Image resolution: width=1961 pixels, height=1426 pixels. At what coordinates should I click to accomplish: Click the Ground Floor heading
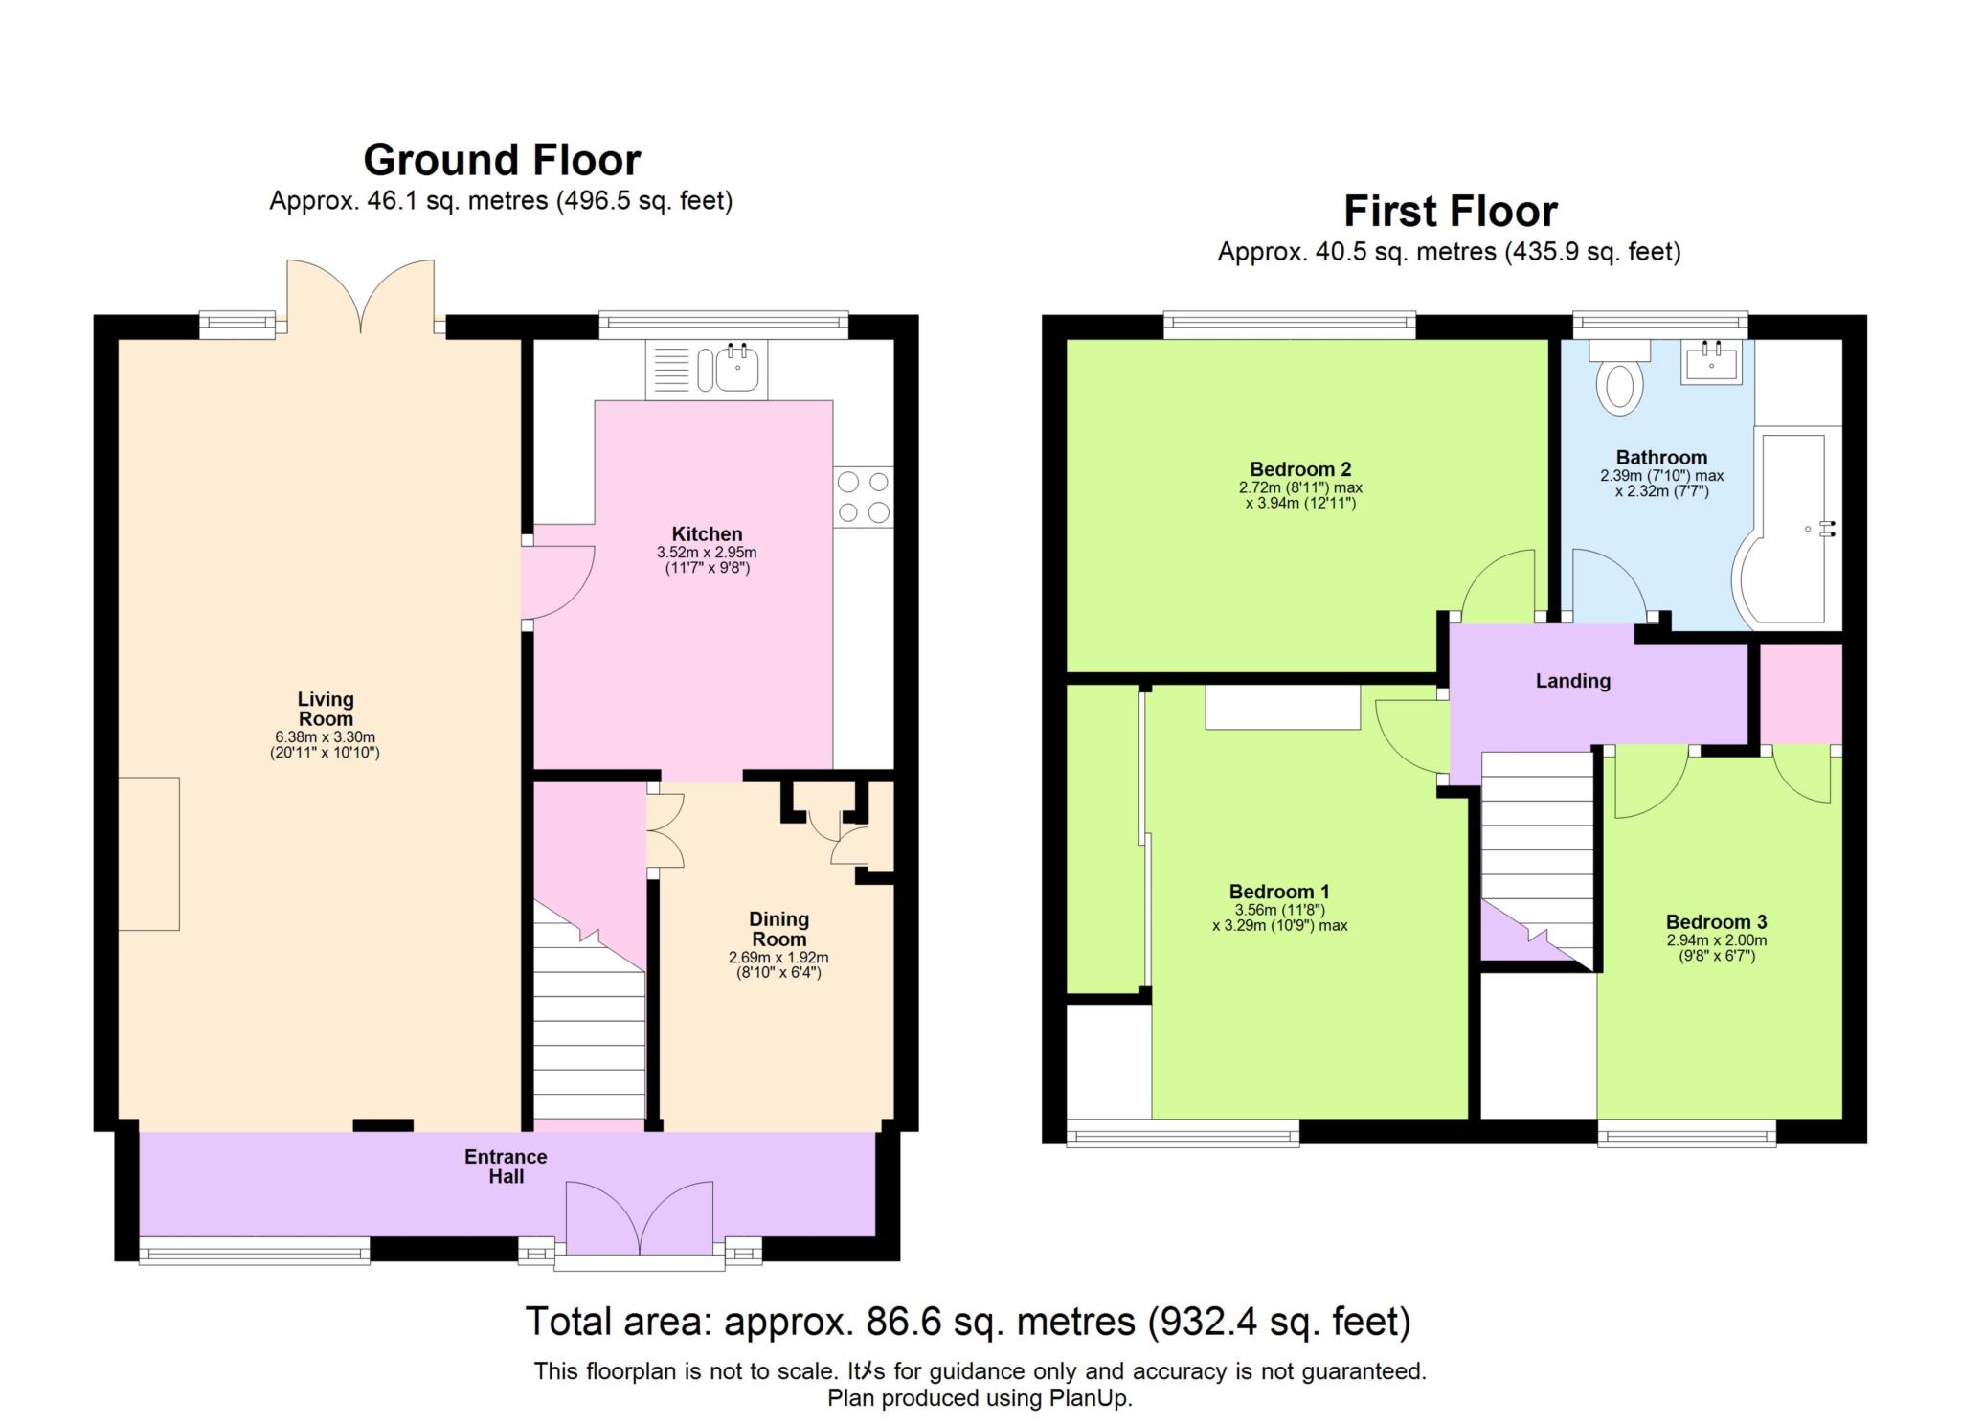[502, 160]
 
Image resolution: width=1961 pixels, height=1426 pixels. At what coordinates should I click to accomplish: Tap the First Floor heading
[1450, 211]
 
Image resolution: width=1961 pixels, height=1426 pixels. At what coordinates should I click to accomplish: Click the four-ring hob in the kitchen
[863, 496]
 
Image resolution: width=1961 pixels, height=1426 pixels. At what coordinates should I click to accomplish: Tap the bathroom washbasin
[1710, 363]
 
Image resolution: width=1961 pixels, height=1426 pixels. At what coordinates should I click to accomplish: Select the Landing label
[1572, 681]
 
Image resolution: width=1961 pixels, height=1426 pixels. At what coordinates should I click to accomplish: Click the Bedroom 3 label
[1716, 922]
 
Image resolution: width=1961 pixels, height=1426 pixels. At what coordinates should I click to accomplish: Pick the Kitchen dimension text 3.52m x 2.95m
[707, 553]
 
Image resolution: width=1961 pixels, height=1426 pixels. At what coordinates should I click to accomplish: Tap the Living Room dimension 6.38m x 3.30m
[325, 737]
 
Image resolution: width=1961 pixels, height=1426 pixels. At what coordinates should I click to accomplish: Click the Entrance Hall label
[506, 1166]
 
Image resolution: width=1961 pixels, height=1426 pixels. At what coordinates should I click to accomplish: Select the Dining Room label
[778, 929]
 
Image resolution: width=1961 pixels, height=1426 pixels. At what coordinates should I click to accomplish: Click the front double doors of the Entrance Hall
[639, 1218]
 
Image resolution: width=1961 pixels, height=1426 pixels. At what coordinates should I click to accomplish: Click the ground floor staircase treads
[588, 1034]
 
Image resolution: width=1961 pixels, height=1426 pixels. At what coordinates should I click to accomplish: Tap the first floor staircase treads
[1536, 833]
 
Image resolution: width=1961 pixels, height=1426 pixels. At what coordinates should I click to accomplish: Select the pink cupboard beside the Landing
[1800, 693]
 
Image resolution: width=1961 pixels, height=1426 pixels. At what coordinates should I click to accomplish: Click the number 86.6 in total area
[899, 1322]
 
